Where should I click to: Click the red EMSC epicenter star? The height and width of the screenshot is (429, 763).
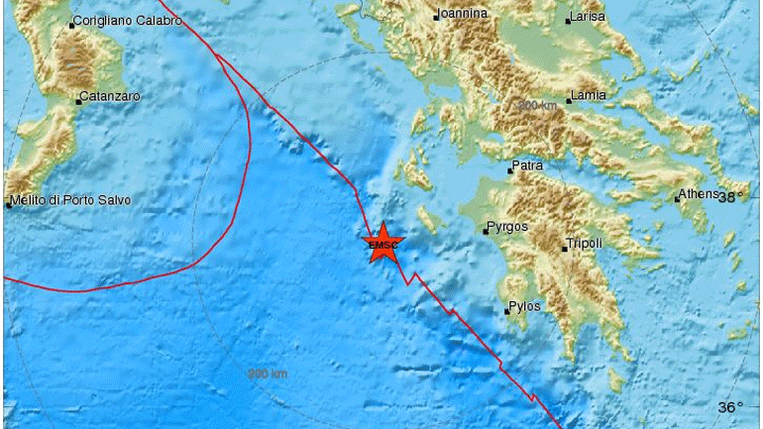(x=381, y=244)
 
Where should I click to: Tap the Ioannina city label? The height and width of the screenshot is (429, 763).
(x=462, y=14)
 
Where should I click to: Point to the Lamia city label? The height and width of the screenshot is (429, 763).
(x=588, y=97)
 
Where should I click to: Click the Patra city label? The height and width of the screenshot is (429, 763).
(x=528, y=166)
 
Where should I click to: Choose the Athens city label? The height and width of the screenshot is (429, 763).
(x=700, y=194)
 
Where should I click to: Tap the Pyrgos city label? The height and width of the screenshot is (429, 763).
(x=507, y=228)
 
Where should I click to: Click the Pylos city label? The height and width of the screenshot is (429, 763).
(x=525, y=307)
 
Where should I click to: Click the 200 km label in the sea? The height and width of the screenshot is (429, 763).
(x=268, y=374)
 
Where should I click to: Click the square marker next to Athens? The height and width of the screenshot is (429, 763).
(x=677, y=199)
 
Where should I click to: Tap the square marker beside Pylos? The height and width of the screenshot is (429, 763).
(x=506, y=313)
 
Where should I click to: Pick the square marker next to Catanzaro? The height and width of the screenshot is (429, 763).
(x=77, y=102)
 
